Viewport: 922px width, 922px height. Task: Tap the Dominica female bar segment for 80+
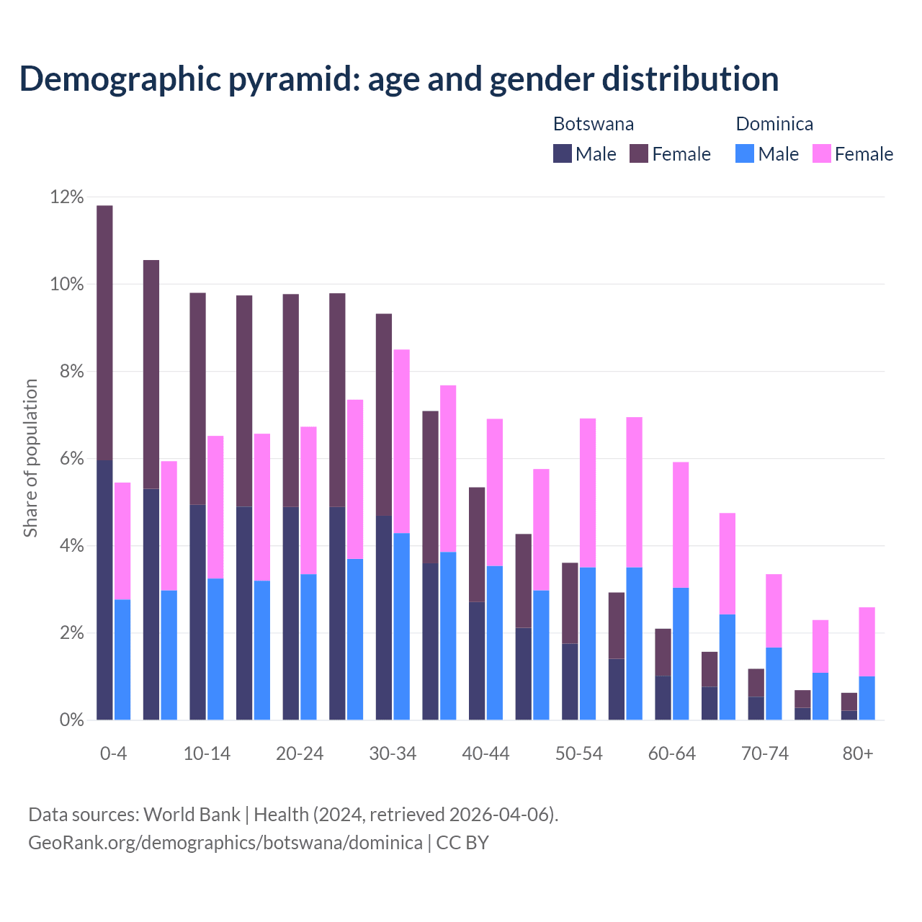pos(867,642)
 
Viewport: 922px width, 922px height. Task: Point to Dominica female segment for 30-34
pos(402,441)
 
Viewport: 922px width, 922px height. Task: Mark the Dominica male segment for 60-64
pos(681,653)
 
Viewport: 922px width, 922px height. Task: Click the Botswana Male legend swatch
pos(563,154)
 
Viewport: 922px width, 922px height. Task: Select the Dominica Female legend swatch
pos(821,154)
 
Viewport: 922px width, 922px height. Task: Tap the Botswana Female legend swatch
pos(639,154)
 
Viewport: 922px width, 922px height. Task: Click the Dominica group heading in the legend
pos(774,124)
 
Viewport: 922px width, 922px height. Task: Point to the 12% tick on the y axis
pos(67,197)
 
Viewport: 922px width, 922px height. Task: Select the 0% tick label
pos(71,720)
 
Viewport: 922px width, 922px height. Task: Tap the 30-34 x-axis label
pos(393,753)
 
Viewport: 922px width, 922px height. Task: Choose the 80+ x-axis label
pos(858,753)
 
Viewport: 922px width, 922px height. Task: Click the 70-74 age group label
pos(765,753)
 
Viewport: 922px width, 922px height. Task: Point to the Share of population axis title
pos(31,458)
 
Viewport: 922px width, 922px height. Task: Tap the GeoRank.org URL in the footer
pos(225,842)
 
